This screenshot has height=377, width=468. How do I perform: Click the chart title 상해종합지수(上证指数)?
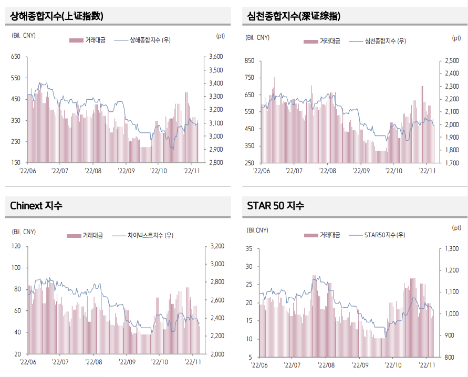57,16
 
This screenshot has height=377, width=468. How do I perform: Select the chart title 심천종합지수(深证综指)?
294,16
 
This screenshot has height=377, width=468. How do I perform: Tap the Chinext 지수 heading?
36,206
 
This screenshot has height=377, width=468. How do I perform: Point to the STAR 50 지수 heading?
276,206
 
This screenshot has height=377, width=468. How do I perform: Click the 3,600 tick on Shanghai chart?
216,57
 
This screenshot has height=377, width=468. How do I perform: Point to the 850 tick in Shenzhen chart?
249,61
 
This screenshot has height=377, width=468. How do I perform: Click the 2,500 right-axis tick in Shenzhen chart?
452,61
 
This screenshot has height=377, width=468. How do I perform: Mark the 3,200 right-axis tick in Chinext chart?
217,246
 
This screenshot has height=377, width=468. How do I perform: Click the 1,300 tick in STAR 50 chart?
452,248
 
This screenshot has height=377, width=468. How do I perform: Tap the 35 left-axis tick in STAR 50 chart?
249,248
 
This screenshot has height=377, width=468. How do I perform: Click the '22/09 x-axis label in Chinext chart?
127,362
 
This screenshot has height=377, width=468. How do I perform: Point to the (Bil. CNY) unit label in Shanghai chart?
23,36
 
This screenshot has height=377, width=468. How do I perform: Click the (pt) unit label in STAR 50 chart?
456,227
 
